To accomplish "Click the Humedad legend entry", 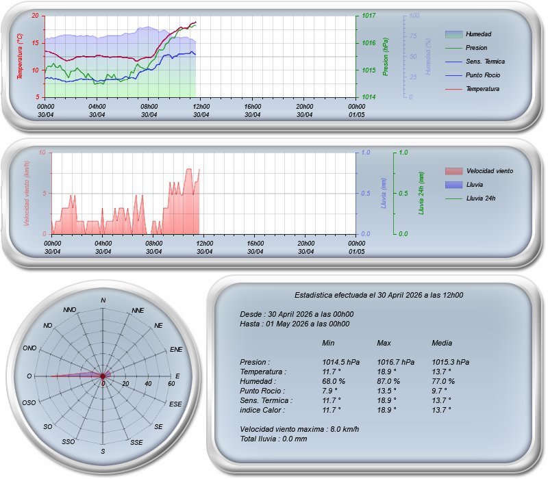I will click(x=478, y=34).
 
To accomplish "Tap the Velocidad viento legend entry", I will click(x=489, y=171).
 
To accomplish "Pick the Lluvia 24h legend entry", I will click(x=480, y=198).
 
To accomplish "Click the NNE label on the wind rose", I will click(x=138, y=311).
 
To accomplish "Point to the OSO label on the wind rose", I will click(x=29, y=403).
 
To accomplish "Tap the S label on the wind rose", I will click(x=103, y=451).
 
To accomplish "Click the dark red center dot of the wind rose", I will click(x=103, y=376).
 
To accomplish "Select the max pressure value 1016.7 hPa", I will click(x=396, y=362).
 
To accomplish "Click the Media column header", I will click(x=443, y=343).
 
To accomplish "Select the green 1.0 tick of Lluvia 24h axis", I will click(x=403, y=153).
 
